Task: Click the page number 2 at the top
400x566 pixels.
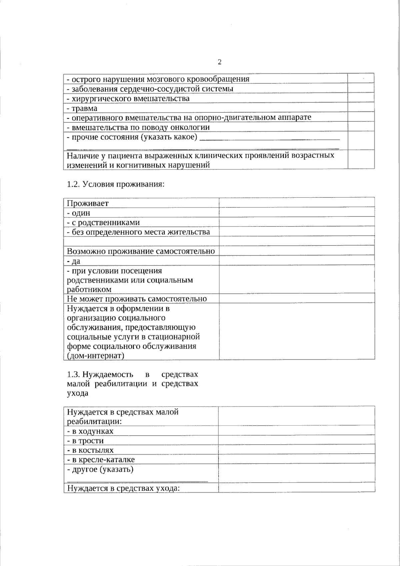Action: (219, 62)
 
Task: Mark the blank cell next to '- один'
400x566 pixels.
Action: (297, 212)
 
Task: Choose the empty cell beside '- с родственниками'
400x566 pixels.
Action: (297, 222)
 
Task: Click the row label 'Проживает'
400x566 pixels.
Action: (88, 203)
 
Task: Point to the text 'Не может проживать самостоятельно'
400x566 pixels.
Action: (137, 299)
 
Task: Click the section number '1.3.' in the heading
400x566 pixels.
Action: (73, 374)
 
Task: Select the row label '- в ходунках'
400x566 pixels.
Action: (90, 431)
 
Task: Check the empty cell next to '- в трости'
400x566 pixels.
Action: (296, 440)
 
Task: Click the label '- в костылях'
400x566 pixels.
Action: (90, 450)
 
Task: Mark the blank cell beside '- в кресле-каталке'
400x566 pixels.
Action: (296, 459)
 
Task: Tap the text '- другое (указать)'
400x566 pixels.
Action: (100, 469)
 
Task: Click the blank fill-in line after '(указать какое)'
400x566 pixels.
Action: (270, 138)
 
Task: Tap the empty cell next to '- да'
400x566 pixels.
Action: (297, 260)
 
